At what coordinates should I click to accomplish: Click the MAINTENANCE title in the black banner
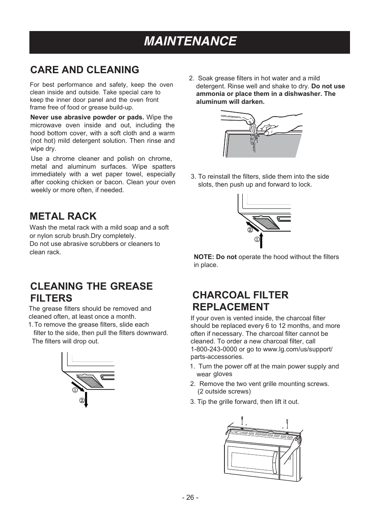click(x=190, y=41)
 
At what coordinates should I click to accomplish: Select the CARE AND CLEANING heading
click(x=85, y=70)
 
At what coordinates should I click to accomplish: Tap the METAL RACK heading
click(x=63, y=216)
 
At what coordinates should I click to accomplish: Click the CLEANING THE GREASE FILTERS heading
click(x=91, y=292)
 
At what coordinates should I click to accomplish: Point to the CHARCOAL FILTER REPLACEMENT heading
click(x=240, y=301)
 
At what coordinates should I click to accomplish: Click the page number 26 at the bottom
click(x=190, y=497)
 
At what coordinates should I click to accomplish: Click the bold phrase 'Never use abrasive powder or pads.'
click(x=87, y=117)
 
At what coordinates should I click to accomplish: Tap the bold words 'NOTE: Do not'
click(x=215, y=257)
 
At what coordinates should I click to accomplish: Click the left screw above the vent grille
click(x=242, y=420)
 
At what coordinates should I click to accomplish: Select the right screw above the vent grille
click(x=287, y=423)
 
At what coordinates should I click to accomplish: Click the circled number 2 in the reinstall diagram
click(x=250, y=230)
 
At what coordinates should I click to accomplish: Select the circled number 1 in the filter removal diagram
click(x=74, y=390)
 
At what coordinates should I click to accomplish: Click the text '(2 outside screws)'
click(x=224, y=392)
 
